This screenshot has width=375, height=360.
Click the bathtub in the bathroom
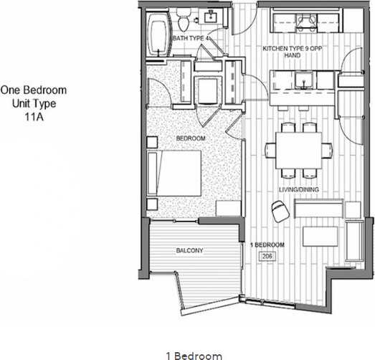coord(157,37)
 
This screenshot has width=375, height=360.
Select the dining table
coord(299,150)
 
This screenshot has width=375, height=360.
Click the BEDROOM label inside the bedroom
coord(191,138)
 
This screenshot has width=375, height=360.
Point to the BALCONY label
coord(190,251)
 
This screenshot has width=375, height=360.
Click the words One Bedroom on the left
coord(34,90)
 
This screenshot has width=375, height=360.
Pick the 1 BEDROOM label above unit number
coord(267,245)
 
